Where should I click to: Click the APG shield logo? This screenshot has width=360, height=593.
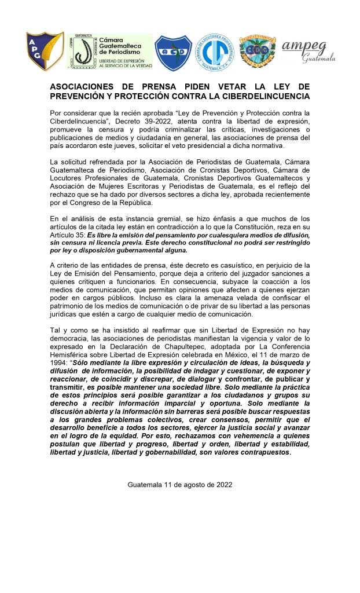point(45,52)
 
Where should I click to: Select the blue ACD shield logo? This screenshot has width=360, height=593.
point(173,53)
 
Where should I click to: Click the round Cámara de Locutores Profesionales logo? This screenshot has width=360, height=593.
point(215,53)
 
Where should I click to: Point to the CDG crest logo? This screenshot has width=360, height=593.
point(257,53)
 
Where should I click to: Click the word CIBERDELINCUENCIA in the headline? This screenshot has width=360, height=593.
point(263,96)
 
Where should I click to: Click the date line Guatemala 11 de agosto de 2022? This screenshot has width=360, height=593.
point(179,484)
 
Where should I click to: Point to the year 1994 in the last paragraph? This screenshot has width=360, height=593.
point(61,361)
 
